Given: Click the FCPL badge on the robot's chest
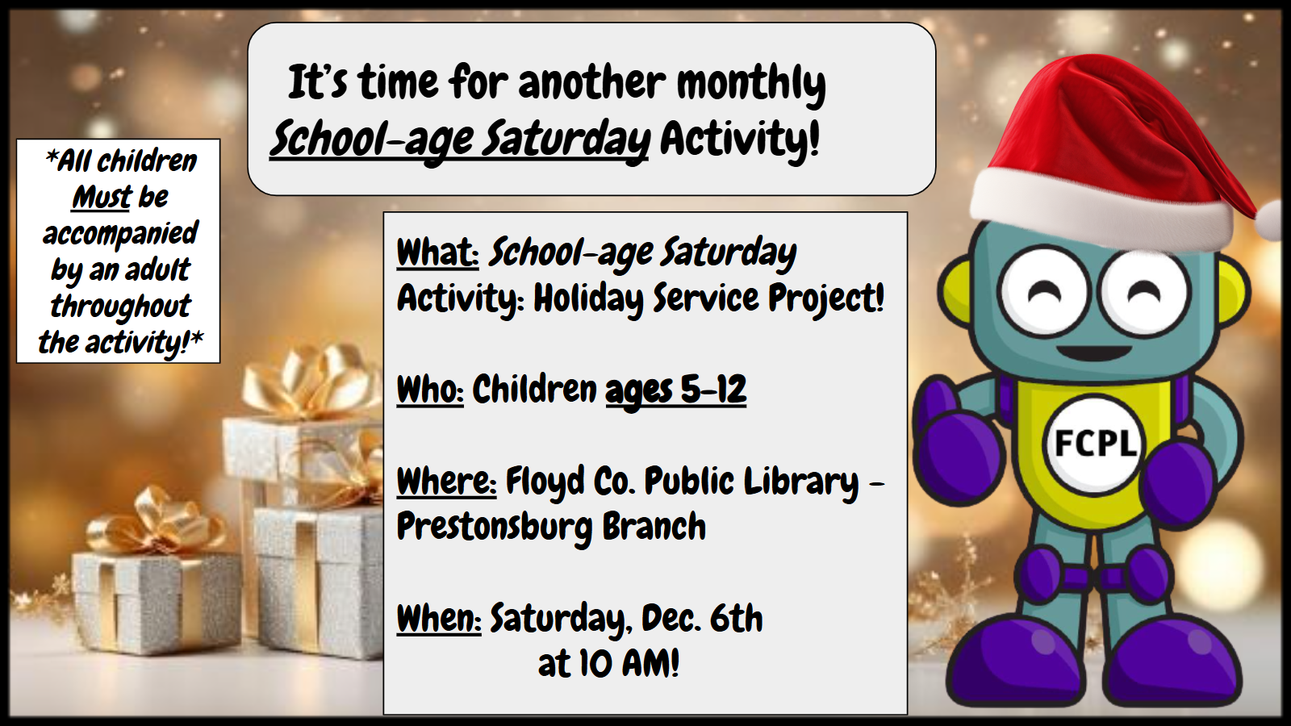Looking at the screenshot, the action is click(1094, 444).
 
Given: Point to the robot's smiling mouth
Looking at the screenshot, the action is click(1095, 353).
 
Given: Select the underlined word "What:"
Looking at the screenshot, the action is click(438, 252).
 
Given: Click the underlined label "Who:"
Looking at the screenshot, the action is click(430, 390).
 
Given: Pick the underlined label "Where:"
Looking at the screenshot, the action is click(447, 481).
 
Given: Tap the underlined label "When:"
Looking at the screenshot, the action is click(439, 618).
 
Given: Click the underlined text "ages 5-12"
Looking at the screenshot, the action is click(676, 390).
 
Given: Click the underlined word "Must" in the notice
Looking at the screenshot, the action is click(102, 198).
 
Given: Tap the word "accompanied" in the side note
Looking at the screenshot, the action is click(120, 234).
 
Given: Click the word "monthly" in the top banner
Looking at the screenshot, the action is click(751, 85).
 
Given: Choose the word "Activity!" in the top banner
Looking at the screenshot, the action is click(739, 139).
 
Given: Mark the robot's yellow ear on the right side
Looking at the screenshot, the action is click(1234, 291).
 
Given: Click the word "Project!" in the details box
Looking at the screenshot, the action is click(826, 299).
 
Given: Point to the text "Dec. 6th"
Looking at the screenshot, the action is click(702, 618).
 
